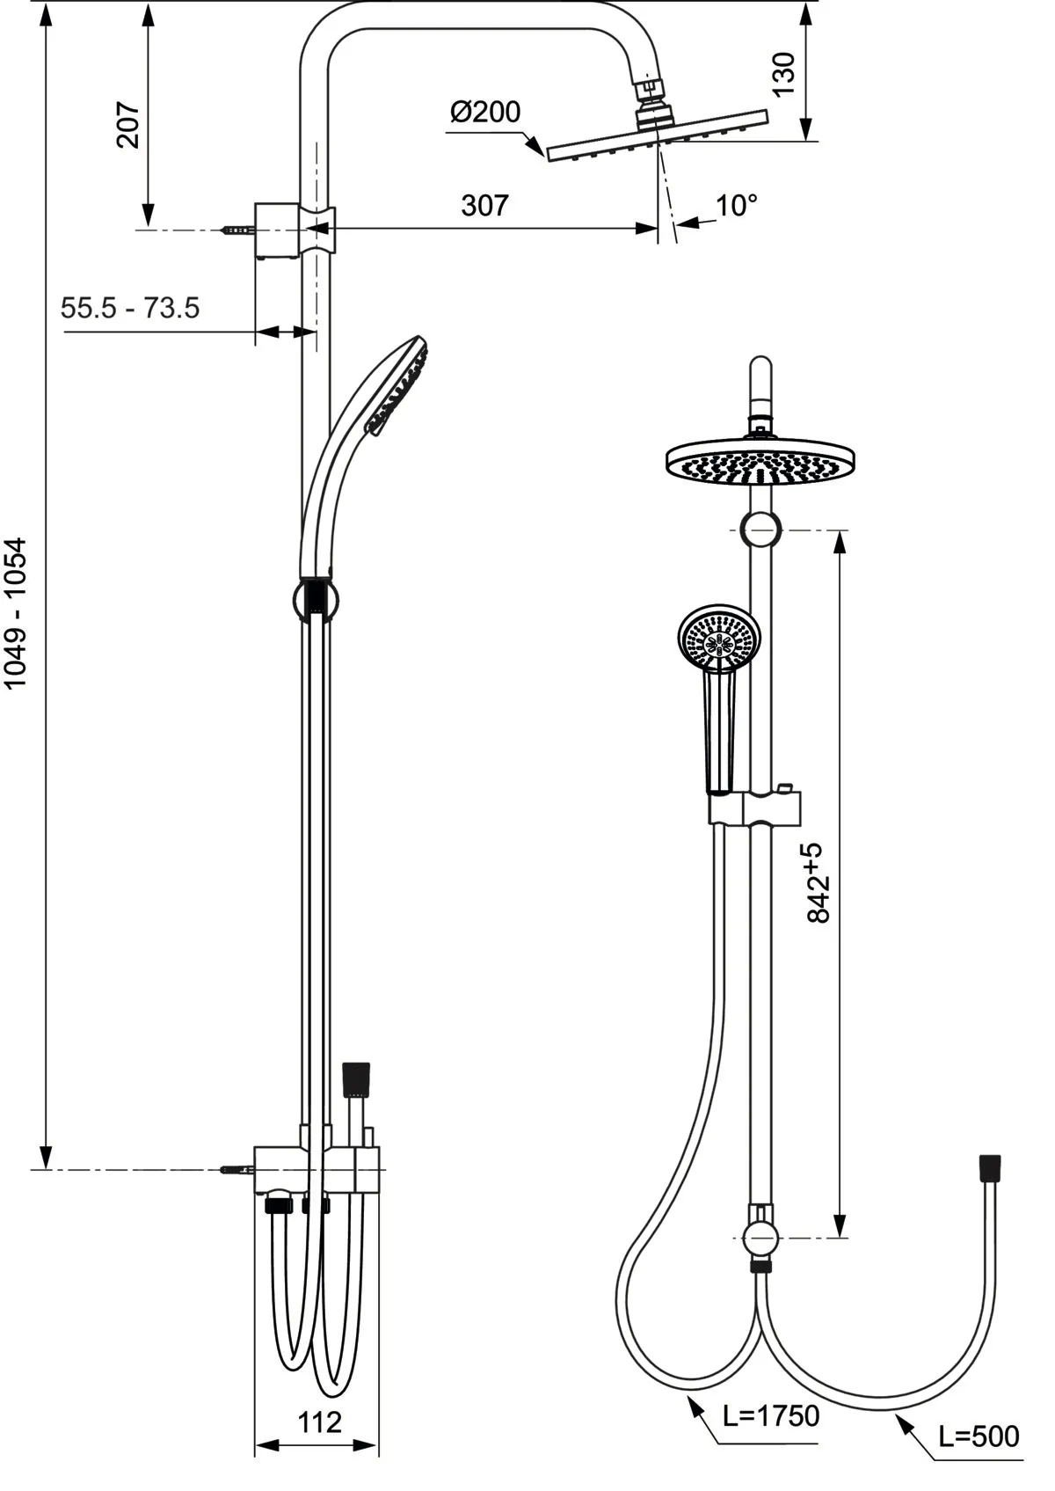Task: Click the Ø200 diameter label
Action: point(485,113)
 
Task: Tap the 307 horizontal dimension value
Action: point(484,205)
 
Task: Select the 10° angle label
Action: point(736,206)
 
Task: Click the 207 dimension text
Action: point(129,125)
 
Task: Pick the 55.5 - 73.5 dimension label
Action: point(130,308)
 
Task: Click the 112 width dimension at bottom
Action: point(319,1422)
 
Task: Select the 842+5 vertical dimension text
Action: point(817,882)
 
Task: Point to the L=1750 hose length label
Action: point(771,1416)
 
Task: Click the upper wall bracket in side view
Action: point(277,230)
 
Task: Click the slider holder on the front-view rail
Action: point(756,808)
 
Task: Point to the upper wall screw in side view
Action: point(236,230)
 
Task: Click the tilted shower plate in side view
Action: point(657,135)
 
